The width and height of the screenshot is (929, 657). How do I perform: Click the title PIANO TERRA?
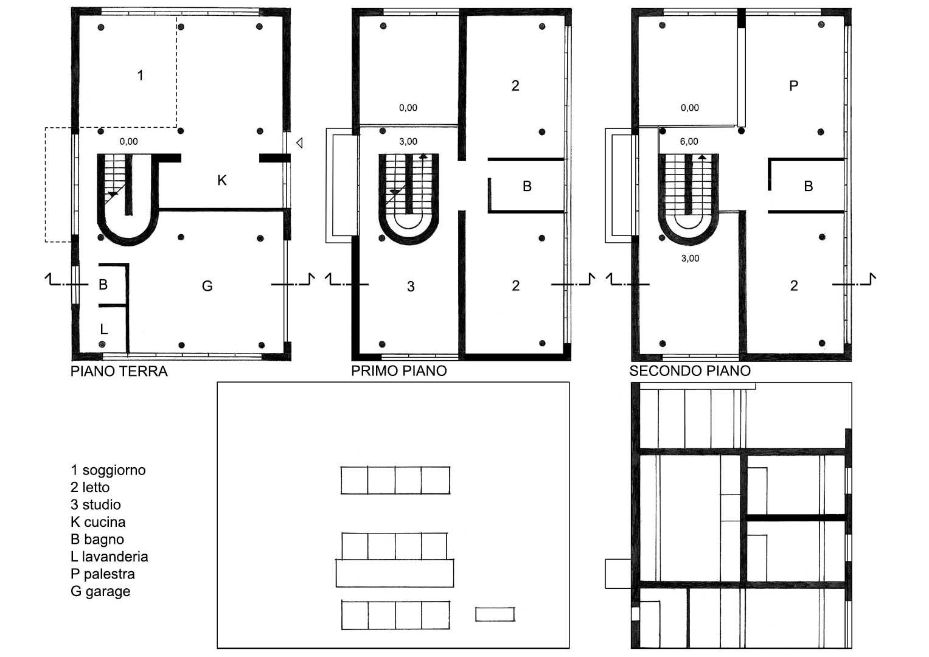point(119,371)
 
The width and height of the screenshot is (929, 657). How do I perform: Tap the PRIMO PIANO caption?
point(399,371)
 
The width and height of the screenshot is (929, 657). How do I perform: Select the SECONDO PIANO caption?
point(690,371)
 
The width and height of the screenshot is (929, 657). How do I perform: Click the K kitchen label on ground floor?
point(222,181)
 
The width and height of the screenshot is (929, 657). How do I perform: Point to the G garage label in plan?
point(207,286)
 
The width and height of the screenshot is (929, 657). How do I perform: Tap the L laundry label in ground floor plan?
point(103,329)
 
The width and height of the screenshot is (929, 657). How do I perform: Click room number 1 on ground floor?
point(141,75)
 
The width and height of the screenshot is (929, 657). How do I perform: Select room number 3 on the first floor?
point(411,287)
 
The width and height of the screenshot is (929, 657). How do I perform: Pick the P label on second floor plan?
point(793,86)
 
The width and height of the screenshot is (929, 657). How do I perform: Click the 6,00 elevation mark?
point(689,142)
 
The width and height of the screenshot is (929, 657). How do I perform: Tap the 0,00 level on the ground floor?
point(128,142)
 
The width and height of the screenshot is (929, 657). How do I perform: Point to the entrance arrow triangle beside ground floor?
point(299,143)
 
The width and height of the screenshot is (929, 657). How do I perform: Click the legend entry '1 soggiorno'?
point(108,470)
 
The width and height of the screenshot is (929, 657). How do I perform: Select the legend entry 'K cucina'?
point(98,522)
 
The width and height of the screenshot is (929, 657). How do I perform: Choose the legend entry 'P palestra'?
point(103,574)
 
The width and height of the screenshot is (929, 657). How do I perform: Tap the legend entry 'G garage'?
point(100,592)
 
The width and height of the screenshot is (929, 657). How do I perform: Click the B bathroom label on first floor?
point(527,186)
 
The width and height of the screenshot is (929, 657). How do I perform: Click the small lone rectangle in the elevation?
point(495,614)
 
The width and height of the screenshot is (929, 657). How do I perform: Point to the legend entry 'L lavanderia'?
point(109,557)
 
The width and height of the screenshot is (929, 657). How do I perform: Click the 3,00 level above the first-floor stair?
point(408,142)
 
